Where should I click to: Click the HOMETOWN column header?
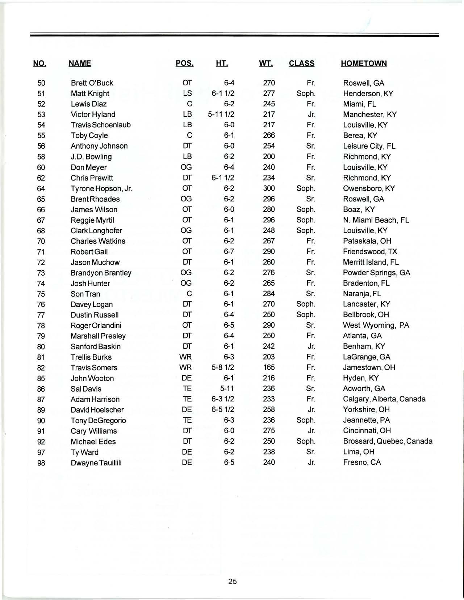[x=364, y=64]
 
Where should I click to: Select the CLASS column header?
[x=301, y=64]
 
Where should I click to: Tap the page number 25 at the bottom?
[x=233, y=581]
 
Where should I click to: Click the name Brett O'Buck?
[x=92, y=83]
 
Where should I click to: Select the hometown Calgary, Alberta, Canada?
[x=384, y=399]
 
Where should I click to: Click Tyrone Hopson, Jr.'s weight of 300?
[x=269, y=188]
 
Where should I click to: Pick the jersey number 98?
[x=41, y=463]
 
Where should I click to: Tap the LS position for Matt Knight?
[x=187, y=93]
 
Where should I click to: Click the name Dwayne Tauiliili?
[x=96, y=463]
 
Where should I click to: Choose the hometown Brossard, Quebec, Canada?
[x=388, y=441]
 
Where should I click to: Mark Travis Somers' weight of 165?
[x=269, y=367]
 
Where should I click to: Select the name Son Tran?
[x=85, y=294]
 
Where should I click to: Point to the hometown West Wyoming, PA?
[x=376, y=325]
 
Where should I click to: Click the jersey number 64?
[x=41, y=188]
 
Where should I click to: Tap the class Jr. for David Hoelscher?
[x=311, y=409]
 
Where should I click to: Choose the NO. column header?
[x=39, y=64]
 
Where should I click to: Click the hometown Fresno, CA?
[x=362, y=462]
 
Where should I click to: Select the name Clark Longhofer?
[x=96, y=230]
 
